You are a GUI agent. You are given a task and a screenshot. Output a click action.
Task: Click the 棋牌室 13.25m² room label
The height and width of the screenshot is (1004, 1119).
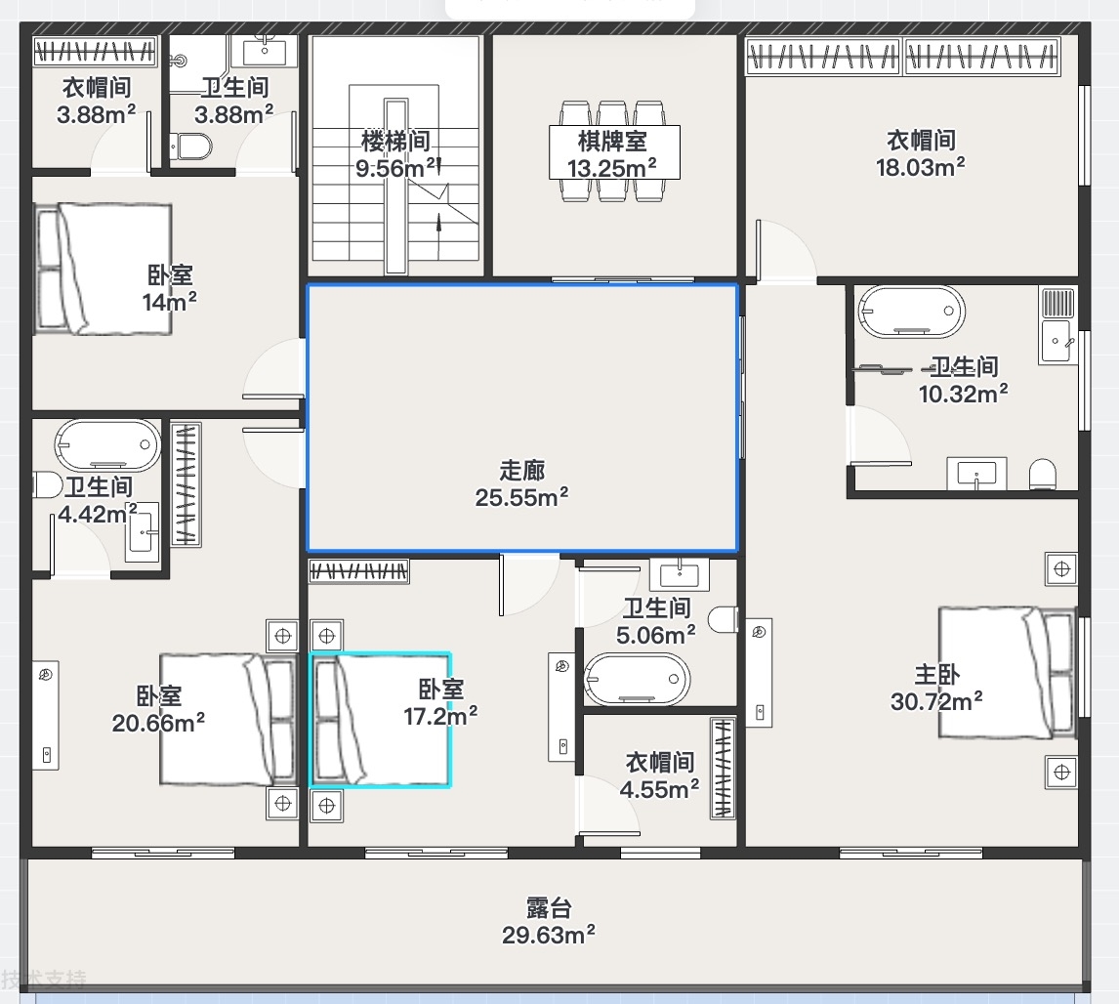pyautogui.click(x=611, y=154)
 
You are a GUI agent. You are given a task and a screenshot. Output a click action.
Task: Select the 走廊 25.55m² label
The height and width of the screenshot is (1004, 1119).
pyautogui.click(x=521, y=483)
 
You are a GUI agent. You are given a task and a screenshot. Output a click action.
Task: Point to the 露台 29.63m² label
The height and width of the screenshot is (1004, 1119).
pyautogui.click(x=548, y=921)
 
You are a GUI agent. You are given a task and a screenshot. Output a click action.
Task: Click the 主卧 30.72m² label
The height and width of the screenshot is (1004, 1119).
pyautogui.click(x=936, y=688)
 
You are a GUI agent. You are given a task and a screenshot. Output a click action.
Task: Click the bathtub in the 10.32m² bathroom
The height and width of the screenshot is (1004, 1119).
pyautogui.click(x=911, y=312)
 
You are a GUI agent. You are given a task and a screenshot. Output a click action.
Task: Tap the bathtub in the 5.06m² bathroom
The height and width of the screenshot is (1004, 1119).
pyautogui.click(x=637, y=679)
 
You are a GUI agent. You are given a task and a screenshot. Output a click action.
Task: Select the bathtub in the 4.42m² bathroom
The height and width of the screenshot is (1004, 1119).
pyautogui.click(x=107, y=445)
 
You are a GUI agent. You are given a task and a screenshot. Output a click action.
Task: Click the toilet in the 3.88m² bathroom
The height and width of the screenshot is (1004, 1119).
pyautogui.click(x=191, y=147)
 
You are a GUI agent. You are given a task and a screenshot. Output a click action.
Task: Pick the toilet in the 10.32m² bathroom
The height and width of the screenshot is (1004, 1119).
pyautogui.click(x=1043, y=474)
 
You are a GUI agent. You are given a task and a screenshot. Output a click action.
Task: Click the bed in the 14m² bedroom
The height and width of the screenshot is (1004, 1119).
pyautogui.click(x=104, y=269)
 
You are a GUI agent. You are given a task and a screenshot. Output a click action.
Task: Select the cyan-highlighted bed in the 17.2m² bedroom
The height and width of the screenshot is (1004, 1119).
pyautogui.click(x=381, y=720)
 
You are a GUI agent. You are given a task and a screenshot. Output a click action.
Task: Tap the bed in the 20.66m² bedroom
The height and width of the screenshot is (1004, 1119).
pyautogui.click(x=228, y=719)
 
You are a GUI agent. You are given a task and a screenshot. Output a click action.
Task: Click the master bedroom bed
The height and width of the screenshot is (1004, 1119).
pyautogui.click(x=1007, y=673)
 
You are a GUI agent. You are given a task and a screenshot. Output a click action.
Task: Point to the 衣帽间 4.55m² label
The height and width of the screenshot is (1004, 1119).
pyautogui.click(x=659, y=775)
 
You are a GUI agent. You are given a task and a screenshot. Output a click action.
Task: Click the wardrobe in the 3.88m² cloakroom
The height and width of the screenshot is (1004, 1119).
pyautogui.click(x=95, y=52)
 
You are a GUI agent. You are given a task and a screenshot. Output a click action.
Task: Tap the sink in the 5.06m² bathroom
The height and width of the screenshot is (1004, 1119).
pyautogui.click(x=680, y=574)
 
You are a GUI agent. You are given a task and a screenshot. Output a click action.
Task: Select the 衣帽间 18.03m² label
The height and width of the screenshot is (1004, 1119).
pyautogui.click(x=921, y=153)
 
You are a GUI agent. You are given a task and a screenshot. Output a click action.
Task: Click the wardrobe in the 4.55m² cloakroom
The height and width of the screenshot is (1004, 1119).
pyautogui.click(x=723, y=768)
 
